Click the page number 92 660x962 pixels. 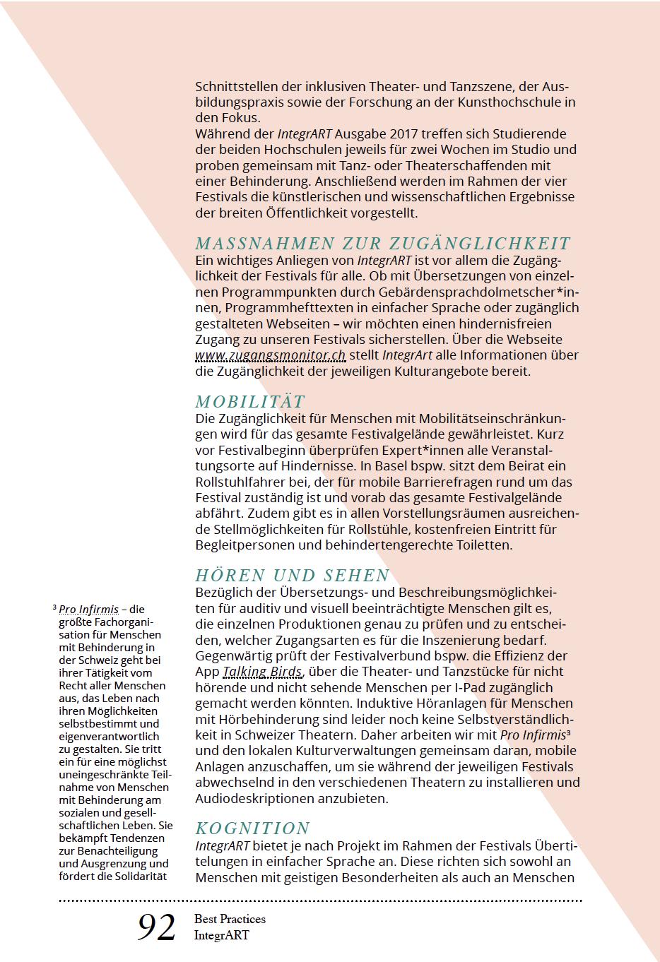coord(156,928)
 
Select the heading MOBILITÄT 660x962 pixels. coord(250,402)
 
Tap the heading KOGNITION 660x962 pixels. coord(252,829)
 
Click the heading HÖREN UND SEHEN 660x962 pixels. coord(293,576)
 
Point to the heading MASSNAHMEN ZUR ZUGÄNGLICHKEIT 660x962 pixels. coord(382,244)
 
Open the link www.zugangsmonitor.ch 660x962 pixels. coord(271,355)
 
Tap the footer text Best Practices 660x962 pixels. coord(230,919)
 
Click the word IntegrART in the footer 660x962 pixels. coord(222,935)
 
